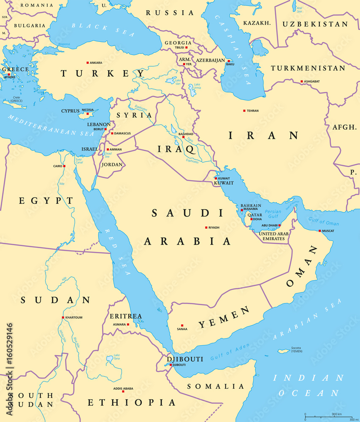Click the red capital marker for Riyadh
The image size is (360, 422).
click(206, 227)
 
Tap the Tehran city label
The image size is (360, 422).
click(253, 111)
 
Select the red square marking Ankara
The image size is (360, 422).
click(88, 63)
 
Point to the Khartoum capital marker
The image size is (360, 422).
click(63, 318)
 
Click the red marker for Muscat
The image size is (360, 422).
click(319, 231)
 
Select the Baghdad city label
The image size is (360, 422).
click(186, 134)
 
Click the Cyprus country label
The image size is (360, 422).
click(70, 111)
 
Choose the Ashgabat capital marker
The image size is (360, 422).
click(302, 81)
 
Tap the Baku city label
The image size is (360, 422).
click(230, 64)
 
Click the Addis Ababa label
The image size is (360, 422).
click(123, 389)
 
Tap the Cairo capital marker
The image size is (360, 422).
click(64, 166)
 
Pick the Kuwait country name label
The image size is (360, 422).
click(224, 183)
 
